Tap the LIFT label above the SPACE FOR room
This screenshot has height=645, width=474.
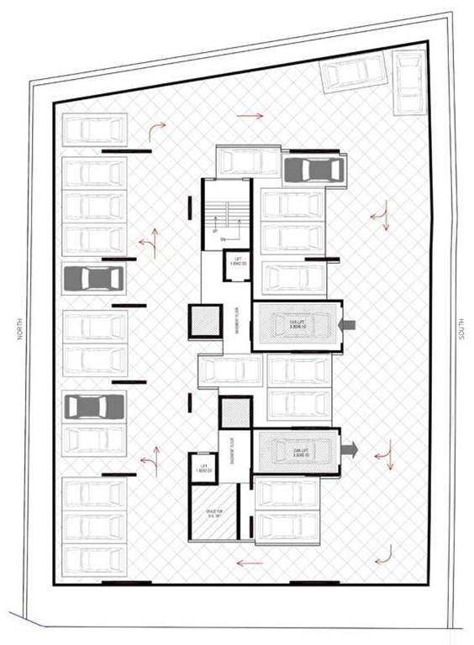point(202,468)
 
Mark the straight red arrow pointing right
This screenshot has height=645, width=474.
point(255,114)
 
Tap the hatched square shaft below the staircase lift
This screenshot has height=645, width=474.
point(204,322)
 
